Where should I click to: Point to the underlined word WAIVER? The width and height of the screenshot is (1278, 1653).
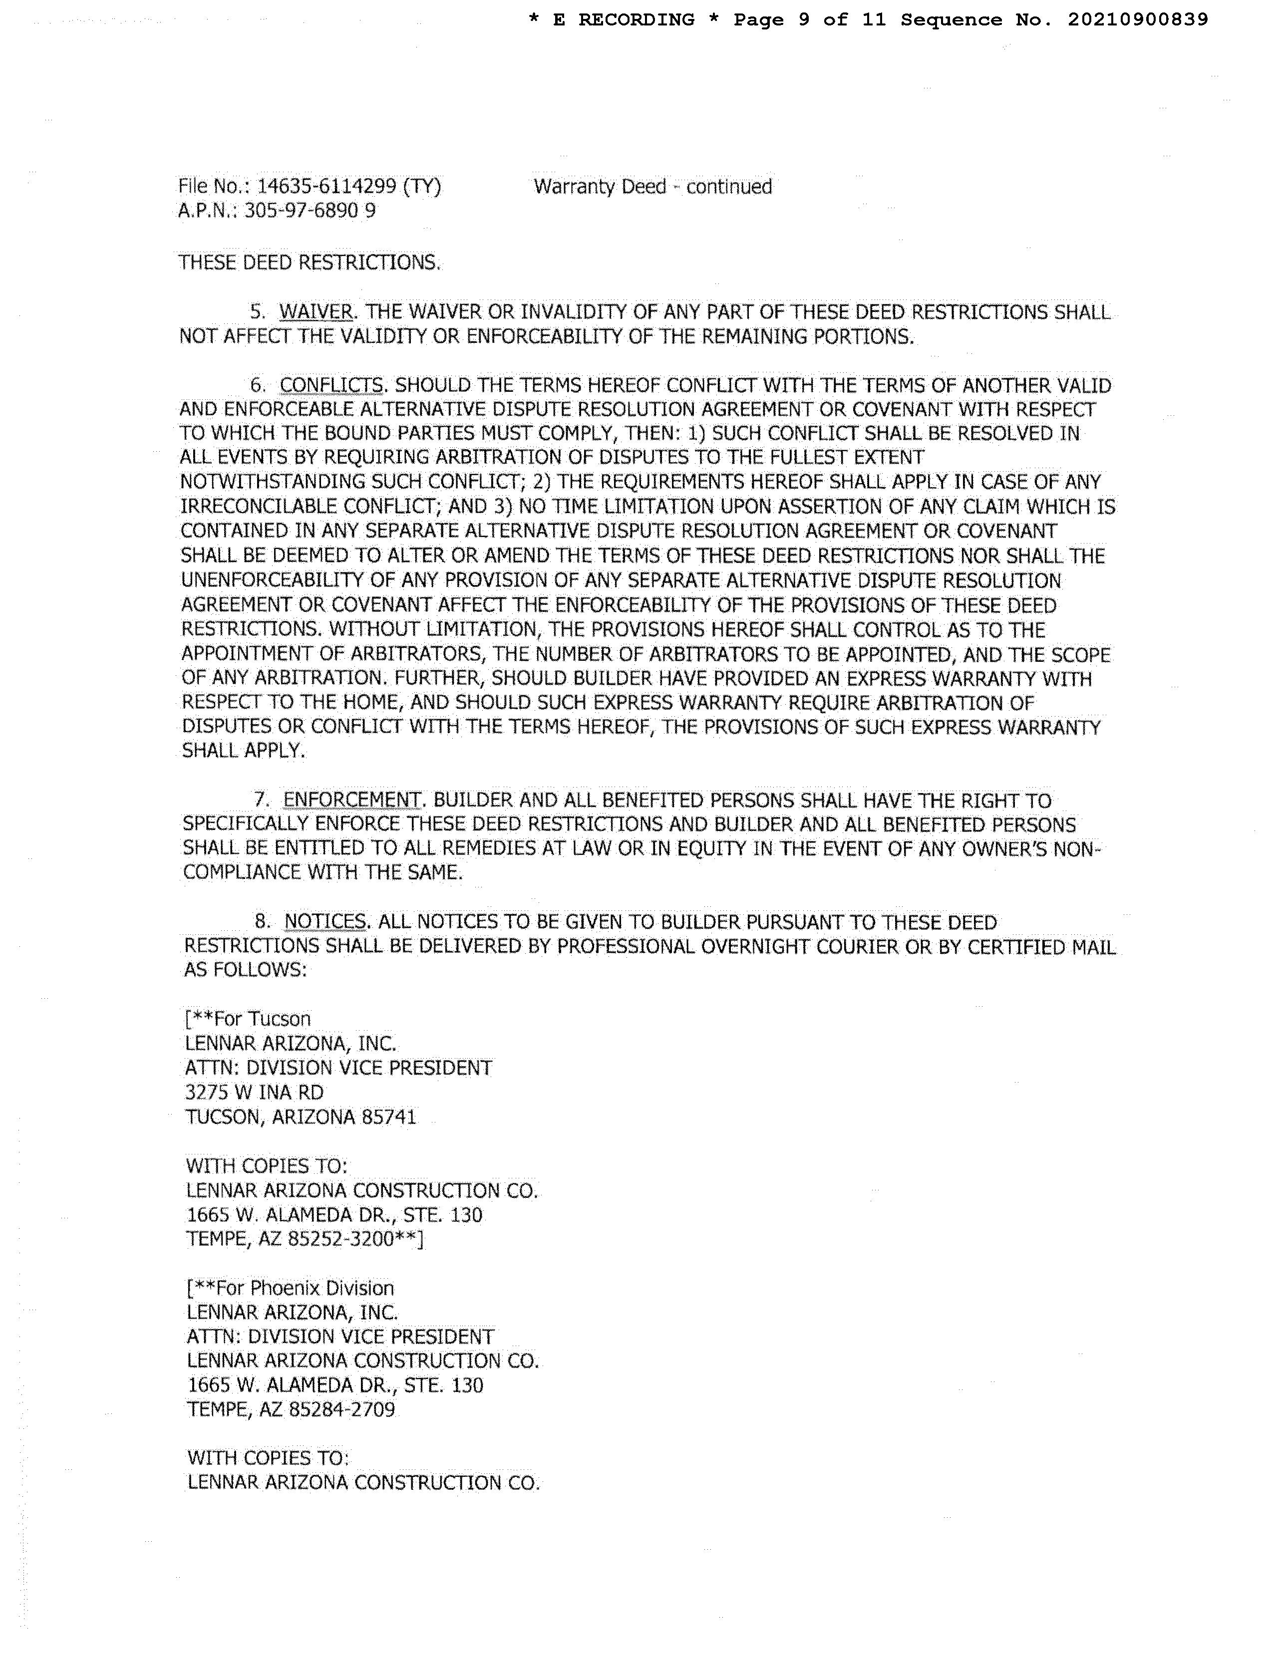pyautogui.click(x=316, y=312)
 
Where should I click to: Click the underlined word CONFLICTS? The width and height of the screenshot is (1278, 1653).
pyautogui.click(x=331, y=385)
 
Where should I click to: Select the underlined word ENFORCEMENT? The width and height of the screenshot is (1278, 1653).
pyautogui.click(x=352, y=800)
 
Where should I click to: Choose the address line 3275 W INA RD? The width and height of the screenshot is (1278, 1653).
pyautogui.click(x=255, y=1092)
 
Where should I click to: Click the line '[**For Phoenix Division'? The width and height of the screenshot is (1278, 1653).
pyautogui.click(x=291, y=1288)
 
